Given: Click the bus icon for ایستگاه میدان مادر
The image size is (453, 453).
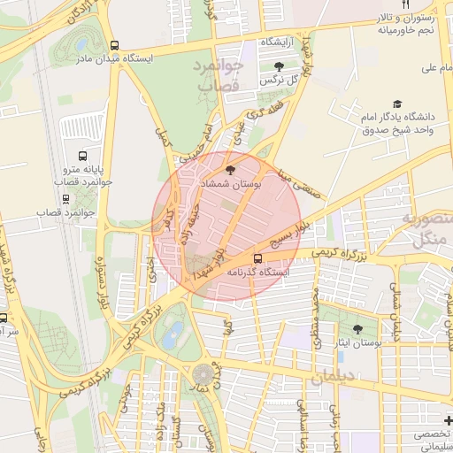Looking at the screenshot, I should click(x=114, y=45).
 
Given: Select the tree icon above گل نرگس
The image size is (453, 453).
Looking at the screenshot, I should click(x=280, y=66).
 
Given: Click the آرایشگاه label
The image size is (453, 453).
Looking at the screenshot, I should click(x=277, y=42).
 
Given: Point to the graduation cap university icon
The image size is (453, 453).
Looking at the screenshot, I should click(x=397, y=104).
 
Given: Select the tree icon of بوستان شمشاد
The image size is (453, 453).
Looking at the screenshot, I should click(x=230, y=169).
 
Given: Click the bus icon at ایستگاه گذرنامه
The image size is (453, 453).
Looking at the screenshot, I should click(x=257, y=258).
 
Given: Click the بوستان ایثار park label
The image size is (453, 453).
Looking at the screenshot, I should click(x=354, y=341).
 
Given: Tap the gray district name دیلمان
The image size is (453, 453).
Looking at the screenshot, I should click(x=331, y=379).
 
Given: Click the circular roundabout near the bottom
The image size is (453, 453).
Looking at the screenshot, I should click(x=203, y=374).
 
